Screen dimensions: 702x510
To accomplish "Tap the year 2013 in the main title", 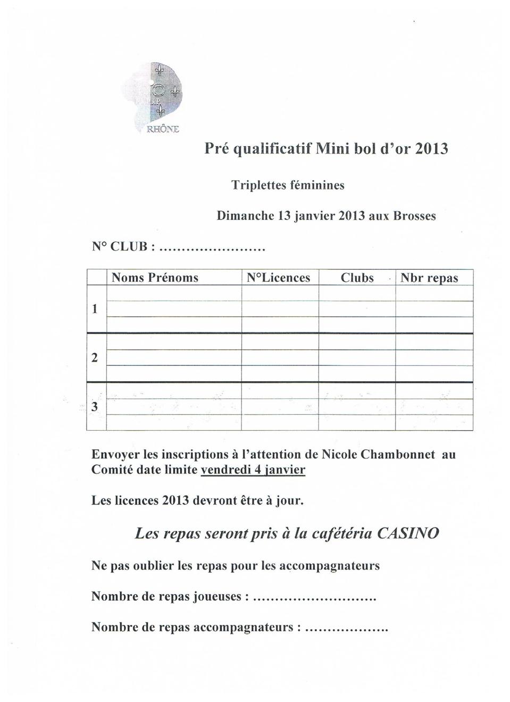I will [x=431, y=148].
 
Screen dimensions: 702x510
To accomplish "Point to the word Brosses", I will [x=414, y=216].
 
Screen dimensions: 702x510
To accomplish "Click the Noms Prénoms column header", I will [x=155, y=278].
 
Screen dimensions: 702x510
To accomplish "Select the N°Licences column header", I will [x=279, y=278].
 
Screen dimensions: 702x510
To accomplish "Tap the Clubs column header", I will [x=357, y=278].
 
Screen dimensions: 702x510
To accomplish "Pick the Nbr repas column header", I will [x=429, y=278].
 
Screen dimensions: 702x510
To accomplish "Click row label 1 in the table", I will [x=95, y=309].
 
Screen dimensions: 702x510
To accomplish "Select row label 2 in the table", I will [x=95, y=358].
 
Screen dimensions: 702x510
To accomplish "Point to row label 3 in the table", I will [x=95, y=407].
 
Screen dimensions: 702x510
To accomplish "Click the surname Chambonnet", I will [x=398, y=455].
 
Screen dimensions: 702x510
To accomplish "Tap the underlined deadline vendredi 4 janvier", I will [x=253, y=470].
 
